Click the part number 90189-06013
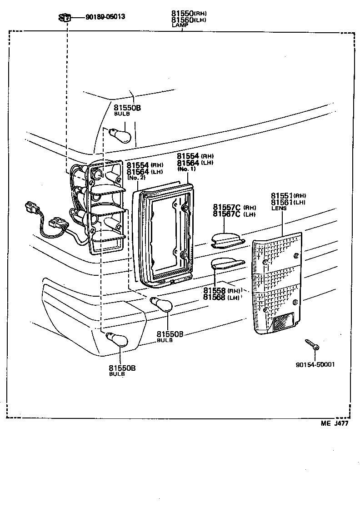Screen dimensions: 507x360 click(105, 17)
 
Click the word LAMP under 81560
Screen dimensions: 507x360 click(180, 25)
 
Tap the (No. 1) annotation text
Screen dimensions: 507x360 click(186, 169)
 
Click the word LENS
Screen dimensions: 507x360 click(279, 208)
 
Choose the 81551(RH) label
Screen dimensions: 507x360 click(288, 195)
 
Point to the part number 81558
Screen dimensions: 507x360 click(215, 291)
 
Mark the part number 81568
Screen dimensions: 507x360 click(215, 297)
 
